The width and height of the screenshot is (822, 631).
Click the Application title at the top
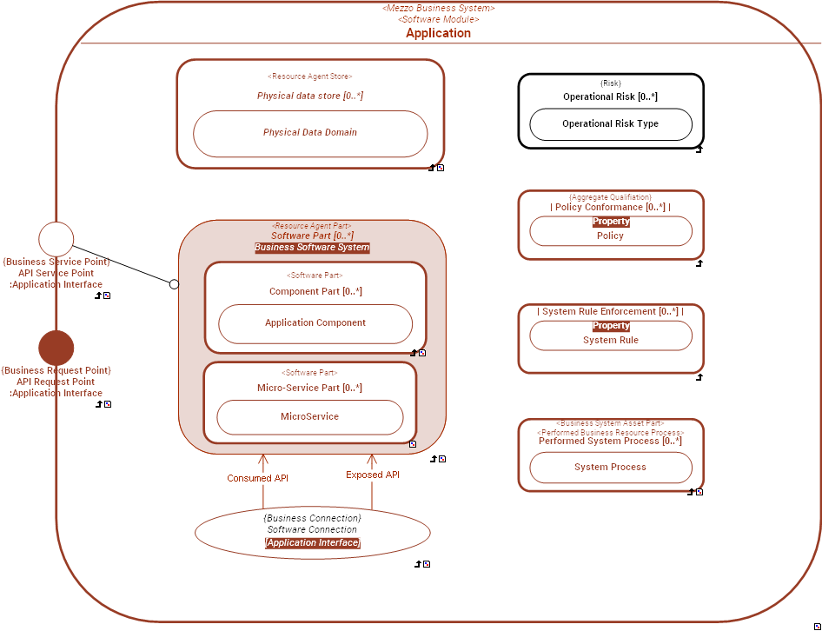point(438,33)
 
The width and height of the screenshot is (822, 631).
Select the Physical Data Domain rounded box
point(310,133)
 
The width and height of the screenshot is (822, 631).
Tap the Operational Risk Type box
point(610,124)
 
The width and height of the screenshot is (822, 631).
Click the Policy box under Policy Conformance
point(610,236)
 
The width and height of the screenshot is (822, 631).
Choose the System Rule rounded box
point(610,340)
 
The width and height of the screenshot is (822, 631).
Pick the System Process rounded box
point(610,468)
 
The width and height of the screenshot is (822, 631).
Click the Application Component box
point(315,323)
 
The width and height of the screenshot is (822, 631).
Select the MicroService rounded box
point(309,417)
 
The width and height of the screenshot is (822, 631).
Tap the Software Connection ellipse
point(312,530)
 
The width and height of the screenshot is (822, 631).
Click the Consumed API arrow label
point(257,478)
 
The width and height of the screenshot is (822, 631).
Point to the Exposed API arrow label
point(372,475)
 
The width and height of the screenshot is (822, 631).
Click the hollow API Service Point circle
point(56,239)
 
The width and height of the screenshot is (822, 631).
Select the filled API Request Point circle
point(56,348)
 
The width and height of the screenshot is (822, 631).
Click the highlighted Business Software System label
point(312,248)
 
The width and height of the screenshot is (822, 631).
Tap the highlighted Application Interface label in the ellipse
point(312,543)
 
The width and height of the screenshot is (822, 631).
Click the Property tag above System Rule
point(611,326)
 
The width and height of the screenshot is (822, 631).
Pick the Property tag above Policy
point(611,222)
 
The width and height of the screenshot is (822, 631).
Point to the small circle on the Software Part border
point(174,284)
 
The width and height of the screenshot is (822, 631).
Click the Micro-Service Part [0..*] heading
point(309,388)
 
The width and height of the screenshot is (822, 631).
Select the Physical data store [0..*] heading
point(309,96)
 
